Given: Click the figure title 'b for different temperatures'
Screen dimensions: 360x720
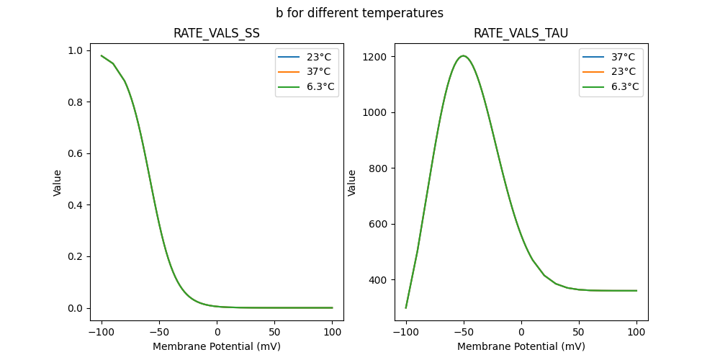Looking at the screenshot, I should click(359, 13).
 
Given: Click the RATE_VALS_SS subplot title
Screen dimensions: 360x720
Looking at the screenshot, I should click(217, 33).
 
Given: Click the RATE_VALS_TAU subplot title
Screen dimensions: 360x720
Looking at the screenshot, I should click(521, 33).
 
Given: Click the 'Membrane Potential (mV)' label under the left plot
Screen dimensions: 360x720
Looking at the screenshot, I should click(217, 346).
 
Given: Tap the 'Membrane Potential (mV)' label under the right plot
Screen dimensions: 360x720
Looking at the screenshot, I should click(521, 346).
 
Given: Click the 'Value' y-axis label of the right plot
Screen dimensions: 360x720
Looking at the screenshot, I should click(352, 183).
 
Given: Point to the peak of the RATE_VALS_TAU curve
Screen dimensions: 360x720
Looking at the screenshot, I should click(464, 56).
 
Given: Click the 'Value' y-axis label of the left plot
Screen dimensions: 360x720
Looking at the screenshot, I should click(57, 183).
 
